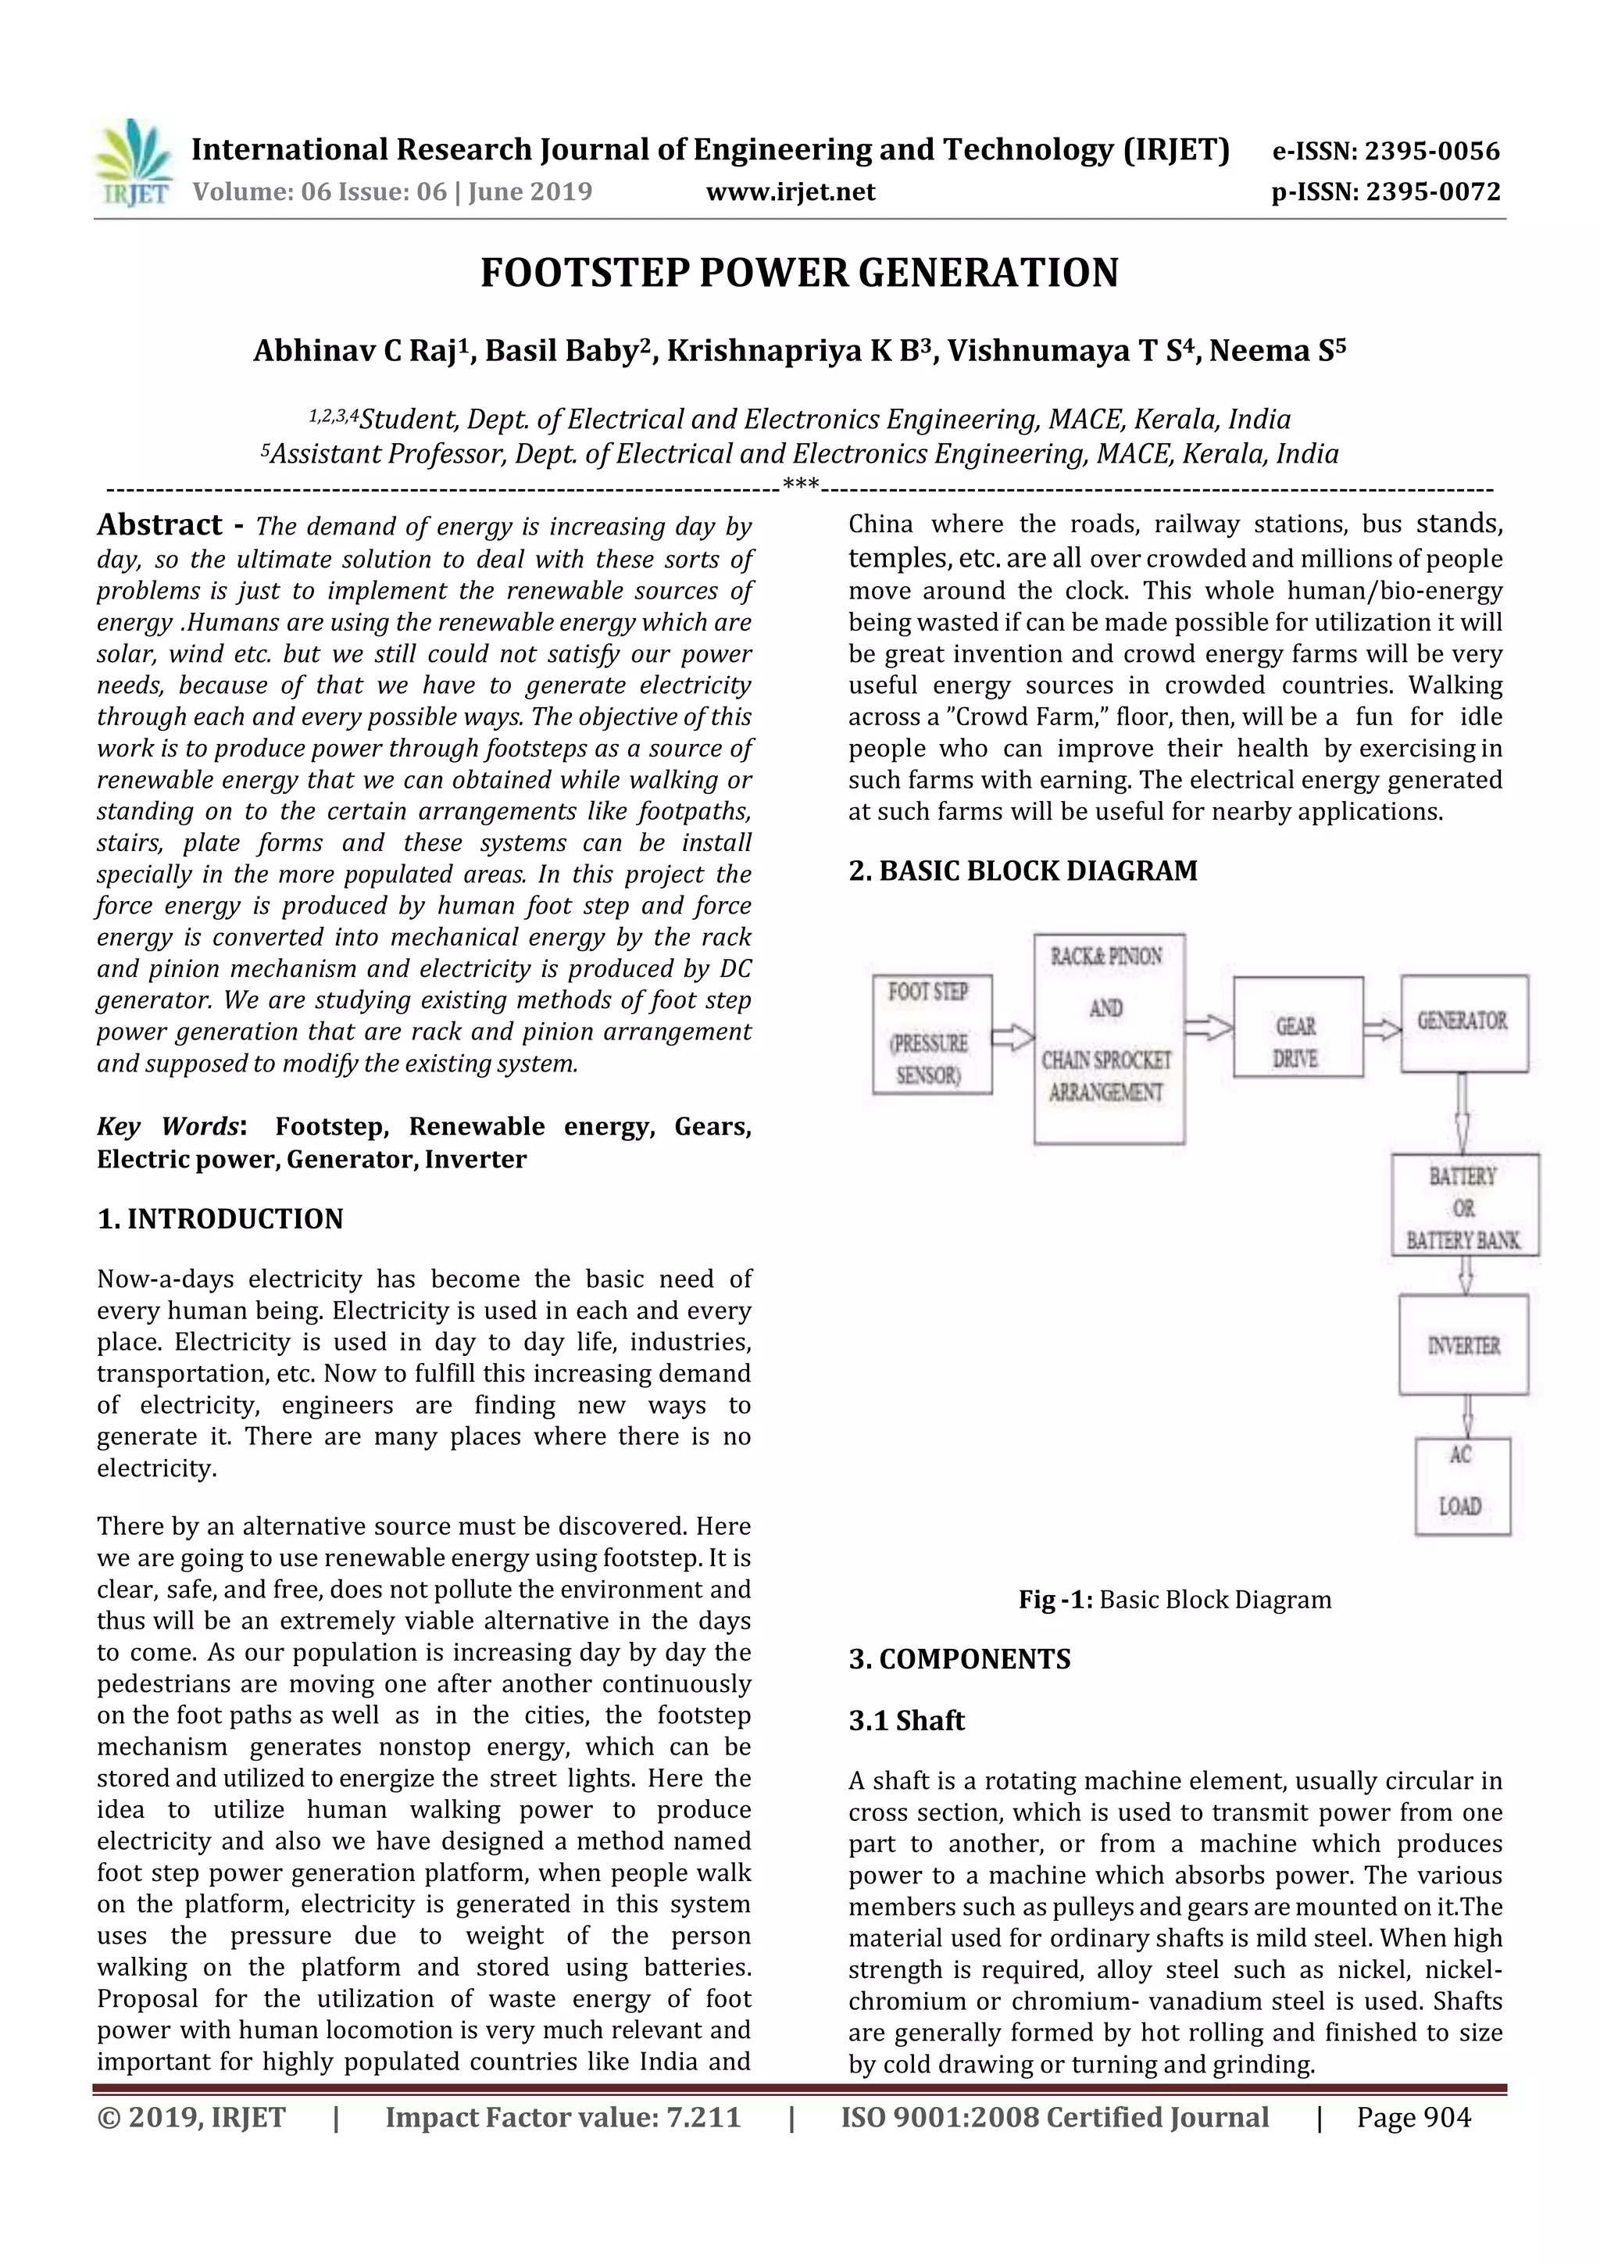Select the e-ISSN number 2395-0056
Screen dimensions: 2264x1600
coord(1431,151)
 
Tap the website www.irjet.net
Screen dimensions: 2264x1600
coord(790,191)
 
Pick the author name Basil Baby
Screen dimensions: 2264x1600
coord(563,351)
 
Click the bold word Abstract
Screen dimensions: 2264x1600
coord(159,524)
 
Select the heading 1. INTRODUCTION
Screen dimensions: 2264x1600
coord(220,1219)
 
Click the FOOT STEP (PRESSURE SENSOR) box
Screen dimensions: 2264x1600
coord(930,1033)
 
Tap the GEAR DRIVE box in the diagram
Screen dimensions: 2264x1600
coord(1298,1026)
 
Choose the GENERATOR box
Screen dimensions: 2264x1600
coord(1463,1022)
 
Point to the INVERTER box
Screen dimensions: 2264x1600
coord(1463,1344)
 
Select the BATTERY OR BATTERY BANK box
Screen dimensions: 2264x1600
coord(1464,1206)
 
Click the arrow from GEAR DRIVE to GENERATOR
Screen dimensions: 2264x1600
coord(1382,1029)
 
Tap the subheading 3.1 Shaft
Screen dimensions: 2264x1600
coord(906,1721)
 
